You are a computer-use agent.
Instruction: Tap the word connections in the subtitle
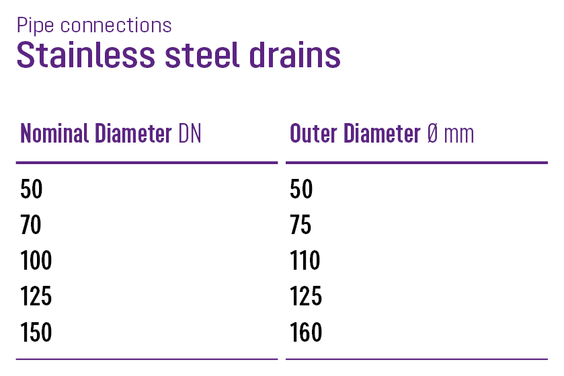click(x=116, y=26)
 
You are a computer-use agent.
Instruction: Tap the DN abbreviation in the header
click(x=190, y=133)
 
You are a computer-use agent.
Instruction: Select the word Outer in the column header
click(x=314, y=133)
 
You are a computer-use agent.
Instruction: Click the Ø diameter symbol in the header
click(x=433, y=133)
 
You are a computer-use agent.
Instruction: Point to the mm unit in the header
click(x=459, y=134)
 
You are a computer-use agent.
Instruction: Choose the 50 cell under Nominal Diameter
click(x=32, y=190)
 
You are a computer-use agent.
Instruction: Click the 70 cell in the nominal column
click(x=31, y=225)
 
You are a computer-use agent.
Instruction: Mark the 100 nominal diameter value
click(x=36, y=261)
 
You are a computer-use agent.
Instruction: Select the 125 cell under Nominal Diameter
click(x=36, y=297)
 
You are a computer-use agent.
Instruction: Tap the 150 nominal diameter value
click(x=36, y=332)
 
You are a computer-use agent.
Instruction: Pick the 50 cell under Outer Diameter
click(x=302, y=190)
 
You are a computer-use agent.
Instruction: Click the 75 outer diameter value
click(x=301, y=225)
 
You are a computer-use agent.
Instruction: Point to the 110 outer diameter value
click(x=305, y=261)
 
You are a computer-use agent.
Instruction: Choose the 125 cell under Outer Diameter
click(x=306, y=297)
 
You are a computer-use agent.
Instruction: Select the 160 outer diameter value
click(x=306, y=332)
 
